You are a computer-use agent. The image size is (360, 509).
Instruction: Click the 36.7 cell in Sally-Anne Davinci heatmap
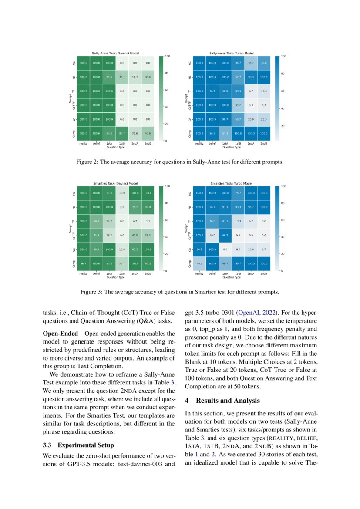click(122, 77)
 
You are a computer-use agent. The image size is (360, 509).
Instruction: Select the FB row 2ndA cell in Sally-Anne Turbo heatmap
click(251, 77)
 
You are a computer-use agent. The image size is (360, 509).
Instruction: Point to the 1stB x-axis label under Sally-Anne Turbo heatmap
click(238, 143)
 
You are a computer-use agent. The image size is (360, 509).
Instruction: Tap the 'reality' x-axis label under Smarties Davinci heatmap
click(83, 273)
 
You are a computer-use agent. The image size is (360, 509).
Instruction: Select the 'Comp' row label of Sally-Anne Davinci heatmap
click(74, 133)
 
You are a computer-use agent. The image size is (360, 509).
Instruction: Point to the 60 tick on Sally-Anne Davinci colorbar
click(168, 90)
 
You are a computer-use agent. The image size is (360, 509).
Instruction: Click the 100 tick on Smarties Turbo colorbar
click(284, 186)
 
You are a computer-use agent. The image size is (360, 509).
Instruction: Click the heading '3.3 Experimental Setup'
click(78, 445)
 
